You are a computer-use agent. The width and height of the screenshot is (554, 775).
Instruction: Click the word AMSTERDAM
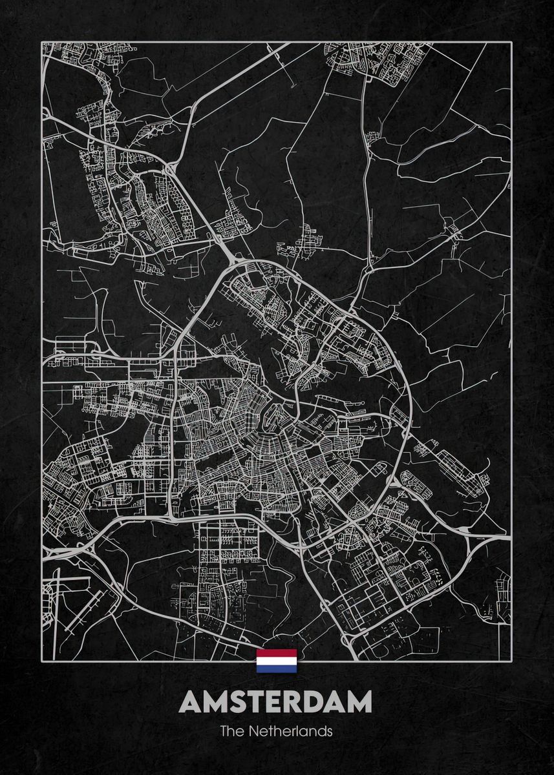tap(277, 702)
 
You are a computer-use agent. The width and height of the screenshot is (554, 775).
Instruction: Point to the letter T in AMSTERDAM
tap(258, 702)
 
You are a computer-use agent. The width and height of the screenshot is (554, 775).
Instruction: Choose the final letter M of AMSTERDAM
tap(359, 702)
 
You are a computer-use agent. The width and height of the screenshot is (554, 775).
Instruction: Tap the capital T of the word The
tap(223, 732)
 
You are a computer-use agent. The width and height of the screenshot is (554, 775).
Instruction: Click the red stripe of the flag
tap(277, 653)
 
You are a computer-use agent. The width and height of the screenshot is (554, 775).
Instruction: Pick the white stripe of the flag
tap(277, 661)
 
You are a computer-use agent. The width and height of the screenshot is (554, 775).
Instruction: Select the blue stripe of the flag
tap(277, 668)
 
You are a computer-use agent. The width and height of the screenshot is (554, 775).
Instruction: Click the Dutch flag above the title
tap(277, 661)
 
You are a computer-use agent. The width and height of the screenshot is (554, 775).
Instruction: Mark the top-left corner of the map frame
tap(43, 43)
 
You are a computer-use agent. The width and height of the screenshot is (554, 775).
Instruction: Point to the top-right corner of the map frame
tap(511, 43)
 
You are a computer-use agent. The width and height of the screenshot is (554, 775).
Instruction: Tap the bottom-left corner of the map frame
tap(43, 661)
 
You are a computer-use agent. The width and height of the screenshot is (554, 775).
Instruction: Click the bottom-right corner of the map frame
tap(511, 661)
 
